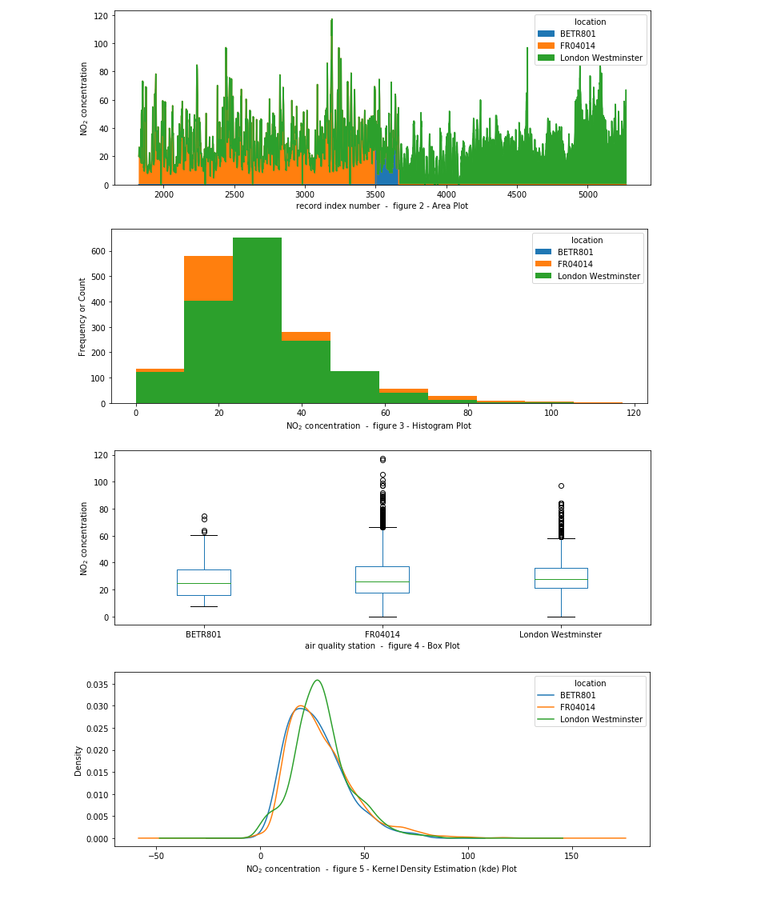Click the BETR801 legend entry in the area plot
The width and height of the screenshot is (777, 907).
coord(577,34)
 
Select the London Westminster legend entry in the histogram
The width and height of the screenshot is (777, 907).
coord(599,277)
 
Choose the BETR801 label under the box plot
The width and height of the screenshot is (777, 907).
coord(203,634)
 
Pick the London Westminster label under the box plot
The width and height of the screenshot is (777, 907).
coord(560,634)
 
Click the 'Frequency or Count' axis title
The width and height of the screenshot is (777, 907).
coord(82,317)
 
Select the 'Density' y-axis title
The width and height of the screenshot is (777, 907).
coord(78,761)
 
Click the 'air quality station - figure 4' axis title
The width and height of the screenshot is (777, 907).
coord(382,645)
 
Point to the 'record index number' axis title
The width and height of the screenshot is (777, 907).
coord(382,206)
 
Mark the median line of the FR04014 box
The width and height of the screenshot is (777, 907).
coord(382,581)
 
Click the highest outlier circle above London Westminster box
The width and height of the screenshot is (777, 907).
coord(561,485)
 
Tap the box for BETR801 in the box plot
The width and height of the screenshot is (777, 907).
coord(203,582)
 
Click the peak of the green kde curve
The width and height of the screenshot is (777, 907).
coord(318,680)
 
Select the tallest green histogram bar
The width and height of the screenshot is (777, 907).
coord(257,320)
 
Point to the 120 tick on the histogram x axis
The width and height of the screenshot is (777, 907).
coord(634,413)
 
